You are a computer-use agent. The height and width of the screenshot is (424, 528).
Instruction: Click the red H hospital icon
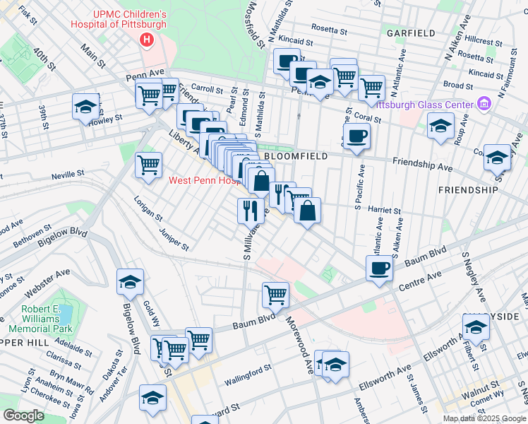(x=147, y=40)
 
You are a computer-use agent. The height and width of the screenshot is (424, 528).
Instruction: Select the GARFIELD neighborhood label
(x=410, y=33)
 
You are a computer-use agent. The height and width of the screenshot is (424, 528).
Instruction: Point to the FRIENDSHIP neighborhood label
(x=464, y=190)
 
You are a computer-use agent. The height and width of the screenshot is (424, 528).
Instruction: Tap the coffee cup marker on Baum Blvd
(x=380, y=269)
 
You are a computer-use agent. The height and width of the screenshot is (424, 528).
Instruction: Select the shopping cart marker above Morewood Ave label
(x=276, y=294)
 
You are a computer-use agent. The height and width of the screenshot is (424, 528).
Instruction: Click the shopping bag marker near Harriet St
(x=308, y=211)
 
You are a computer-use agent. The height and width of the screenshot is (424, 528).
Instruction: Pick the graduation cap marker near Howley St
(x=86, y=107)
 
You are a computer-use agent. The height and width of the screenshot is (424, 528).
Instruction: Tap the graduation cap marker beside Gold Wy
(x=130, y=282)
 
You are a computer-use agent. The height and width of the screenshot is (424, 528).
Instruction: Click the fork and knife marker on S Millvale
(x=250, y=210)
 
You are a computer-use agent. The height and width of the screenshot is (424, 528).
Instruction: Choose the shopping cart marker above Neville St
(x=148, y=165)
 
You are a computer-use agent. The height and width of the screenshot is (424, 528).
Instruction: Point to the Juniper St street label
(x=174, y=239)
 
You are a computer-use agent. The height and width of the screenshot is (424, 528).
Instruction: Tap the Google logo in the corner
(x=23, y=416)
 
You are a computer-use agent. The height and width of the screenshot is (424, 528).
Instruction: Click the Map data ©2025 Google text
(x=484, y=418)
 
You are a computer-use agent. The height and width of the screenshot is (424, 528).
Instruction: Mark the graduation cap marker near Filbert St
(x=476, y=327)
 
